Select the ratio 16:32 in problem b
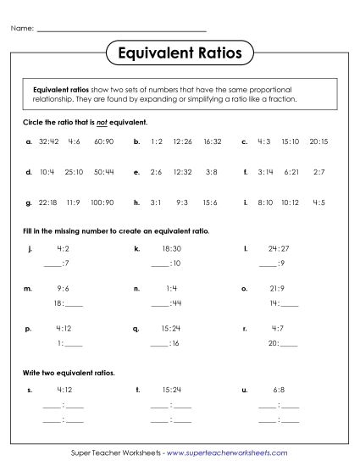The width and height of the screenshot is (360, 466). (x=213, y=141)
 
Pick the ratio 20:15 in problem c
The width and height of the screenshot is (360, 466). (x=319, y=141)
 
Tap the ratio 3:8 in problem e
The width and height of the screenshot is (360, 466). (x=212, y=172)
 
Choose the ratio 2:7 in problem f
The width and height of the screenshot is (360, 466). (x=319, y=172)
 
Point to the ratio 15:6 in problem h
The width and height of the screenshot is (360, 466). (x=212, y=202)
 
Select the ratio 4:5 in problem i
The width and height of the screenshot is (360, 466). (x=319, y=202)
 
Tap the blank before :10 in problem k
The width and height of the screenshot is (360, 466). (x=159, y=264)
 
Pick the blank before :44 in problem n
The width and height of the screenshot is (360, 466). (x=159, y=303)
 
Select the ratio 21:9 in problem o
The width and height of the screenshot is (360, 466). (x=278, y=288)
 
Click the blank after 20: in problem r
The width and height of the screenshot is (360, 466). (x=289, y=343)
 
